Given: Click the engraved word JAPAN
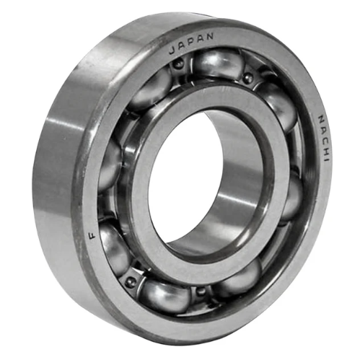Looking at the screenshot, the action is click(191, 44).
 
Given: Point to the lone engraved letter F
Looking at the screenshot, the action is click(92, 234).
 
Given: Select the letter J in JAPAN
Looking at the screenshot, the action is click(172, 51).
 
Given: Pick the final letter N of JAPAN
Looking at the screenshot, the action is click(210, 37).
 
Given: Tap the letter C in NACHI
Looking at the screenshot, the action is click(323, 139).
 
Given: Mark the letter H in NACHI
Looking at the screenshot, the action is click(325, 149).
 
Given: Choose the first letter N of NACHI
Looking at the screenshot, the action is click(321, 119).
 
